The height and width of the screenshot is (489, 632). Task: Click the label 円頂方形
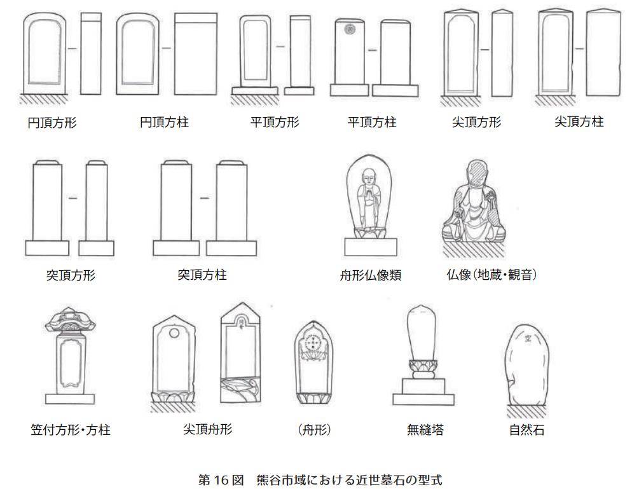pos(52,123)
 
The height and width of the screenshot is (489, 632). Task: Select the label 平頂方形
pos(275,121)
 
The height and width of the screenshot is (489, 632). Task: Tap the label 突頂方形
pos(71,275)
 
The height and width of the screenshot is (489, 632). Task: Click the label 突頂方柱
pos(202,275)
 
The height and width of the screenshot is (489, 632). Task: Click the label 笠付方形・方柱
pos(70,430)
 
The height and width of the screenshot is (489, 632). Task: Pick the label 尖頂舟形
pos(207,429)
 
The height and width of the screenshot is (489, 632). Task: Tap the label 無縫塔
pos(425,430)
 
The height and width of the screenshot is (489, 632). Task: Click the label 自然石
pos(526,430)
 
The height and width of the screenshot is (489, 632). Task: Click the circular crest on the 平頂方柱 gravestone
pos(348,29)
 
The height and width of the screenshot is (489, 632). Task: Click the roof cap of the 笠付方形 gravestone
pos(70,322)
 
